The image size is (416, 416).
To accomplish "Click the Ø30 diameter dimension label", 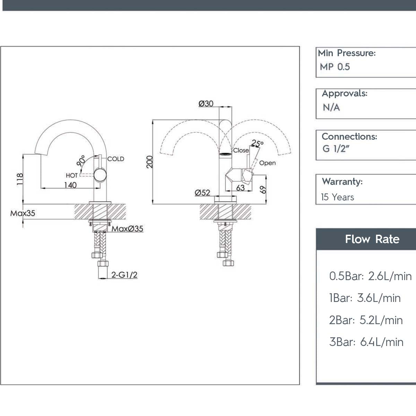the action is (206, 104).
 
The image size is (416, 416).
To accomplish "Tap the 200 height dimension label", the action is (150, 162).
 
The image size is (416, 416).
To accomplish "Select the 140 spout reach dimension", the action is (70, 185).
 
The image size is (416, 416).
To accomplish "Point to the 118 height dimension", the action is (20, 179).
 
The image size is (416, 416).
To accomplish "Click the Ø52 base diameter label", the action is (202, 192).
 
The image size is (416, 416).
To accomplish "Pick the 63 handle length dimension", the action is (240, 188).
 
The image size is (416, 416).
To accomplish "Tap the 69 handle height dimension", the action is (263, 190).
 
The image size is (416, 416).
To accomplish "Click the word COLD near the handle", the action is (116, 159).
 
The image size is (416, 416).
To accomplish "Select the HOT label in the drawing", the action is (72, 175).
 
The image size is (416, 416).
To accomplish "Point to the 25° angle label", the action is (257, 143).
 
